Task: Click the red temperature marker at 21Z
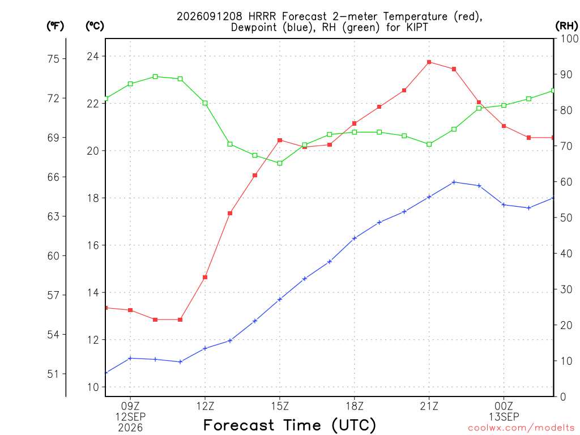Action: tap(429, 62)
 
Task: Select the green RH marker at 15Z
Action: tap(280, 163)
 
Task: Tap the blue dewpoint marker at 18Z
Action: tap(355, 238)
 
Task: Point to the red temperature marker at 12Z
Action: tap(205, 277)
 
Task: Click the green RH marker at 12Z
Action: tap(205, 103)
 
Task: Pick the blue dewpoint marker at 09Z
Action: tap(130, 358)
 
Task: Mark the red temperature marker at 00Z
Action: tap(504, 126)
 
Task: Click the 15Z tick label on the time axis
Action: tap(280, 406)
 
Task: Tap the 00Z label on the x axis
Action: tap(504, 406)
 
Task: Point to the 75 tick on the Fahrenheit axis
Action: tap(53, 59)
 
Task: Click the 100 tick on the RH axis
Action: tap(570, 39)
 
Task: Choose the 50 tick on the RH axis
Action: tap(566, 217)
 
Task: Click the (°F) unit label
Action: tap(55, 26)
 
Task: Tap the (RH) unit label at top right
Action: tap(566, 26)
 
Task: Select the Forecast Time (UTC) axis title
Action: tap(289, 425)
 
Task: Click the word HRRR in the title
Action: tap(262, 16)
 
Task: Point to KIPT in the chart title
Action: tap(416, 27)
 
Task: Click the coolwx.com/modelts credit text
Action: tap(521, 428)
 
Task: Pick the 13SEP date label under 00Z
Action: tap(504, 417)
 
